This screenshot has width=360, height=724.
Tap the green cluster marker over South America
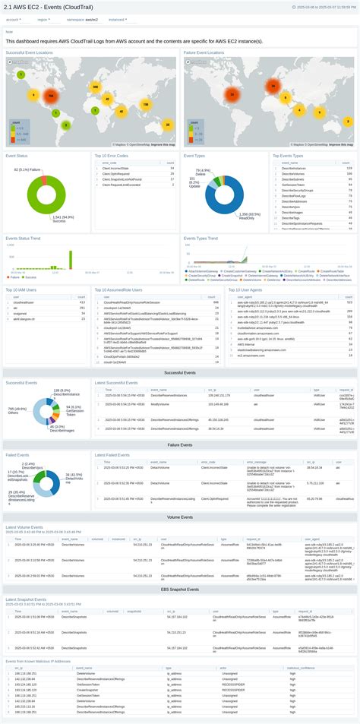point(66,125)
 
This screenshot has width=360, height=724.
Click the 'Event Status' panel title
point(17,155)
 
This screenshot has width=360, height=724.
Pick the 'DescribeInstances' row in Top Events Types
point(295,168)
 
